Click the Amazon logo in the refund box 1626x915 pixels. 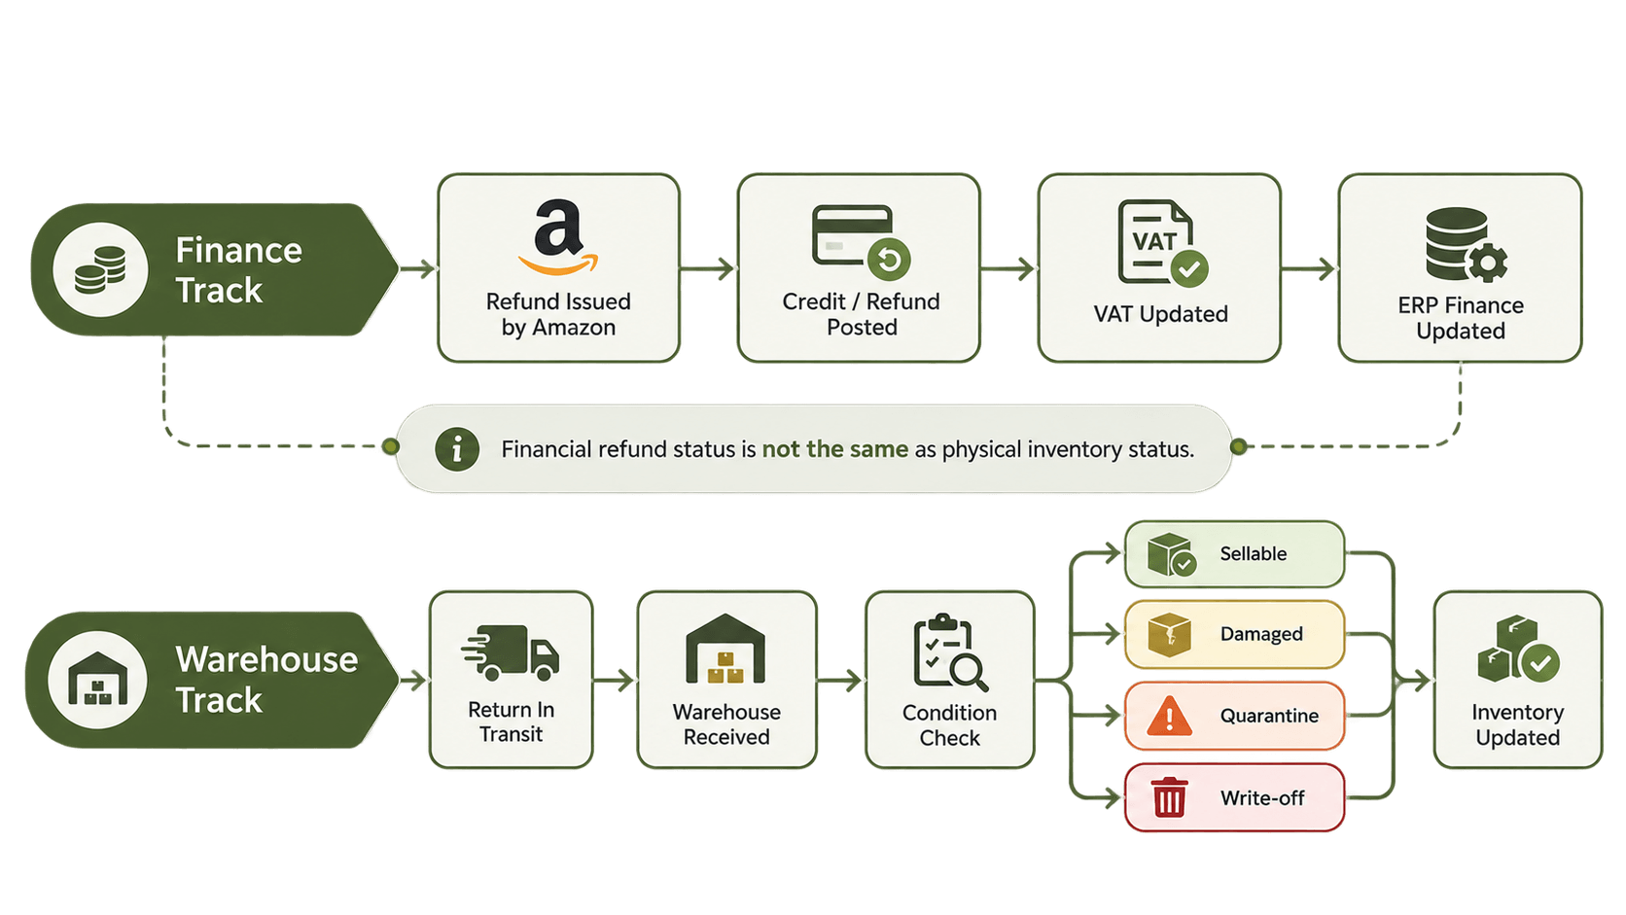point(558,237)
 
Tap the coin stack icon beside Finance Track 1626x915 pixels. point(100,270)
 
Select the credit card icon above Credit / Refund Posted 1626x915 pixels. point(861,242)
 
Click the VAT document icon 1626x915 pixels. point(1162,243)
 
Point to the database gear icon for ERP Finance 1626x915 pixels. point(1466,244)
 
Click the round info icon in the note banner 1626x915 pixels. point(457,449)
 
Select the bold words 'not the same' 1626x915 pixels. point(834,449)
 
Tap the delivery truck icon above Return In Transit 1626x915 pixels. point(511,651)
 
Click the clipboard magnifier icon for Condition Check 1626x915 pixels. point(950,652)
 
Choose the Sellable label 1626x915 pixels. point(1253,553)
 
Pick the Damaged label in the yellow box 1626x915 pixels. point(1261,634)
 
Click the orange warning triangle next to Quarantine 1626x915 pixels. point(1169,716)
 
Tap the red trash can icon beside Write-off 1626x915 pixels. point(1169,796)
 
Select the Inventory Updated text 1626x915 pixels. point(1518,724)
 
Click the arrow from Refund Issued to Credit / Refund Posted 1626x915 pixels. point(708,268)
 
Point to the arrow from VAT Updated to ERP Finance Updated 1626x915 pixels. point(1309,268)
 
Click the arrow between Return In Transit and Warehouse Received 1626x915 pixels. point(614,681)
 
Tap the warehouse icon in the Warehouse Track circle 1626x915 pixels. point(97,679)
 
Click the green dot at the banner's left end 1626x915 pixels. point(391,445)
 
